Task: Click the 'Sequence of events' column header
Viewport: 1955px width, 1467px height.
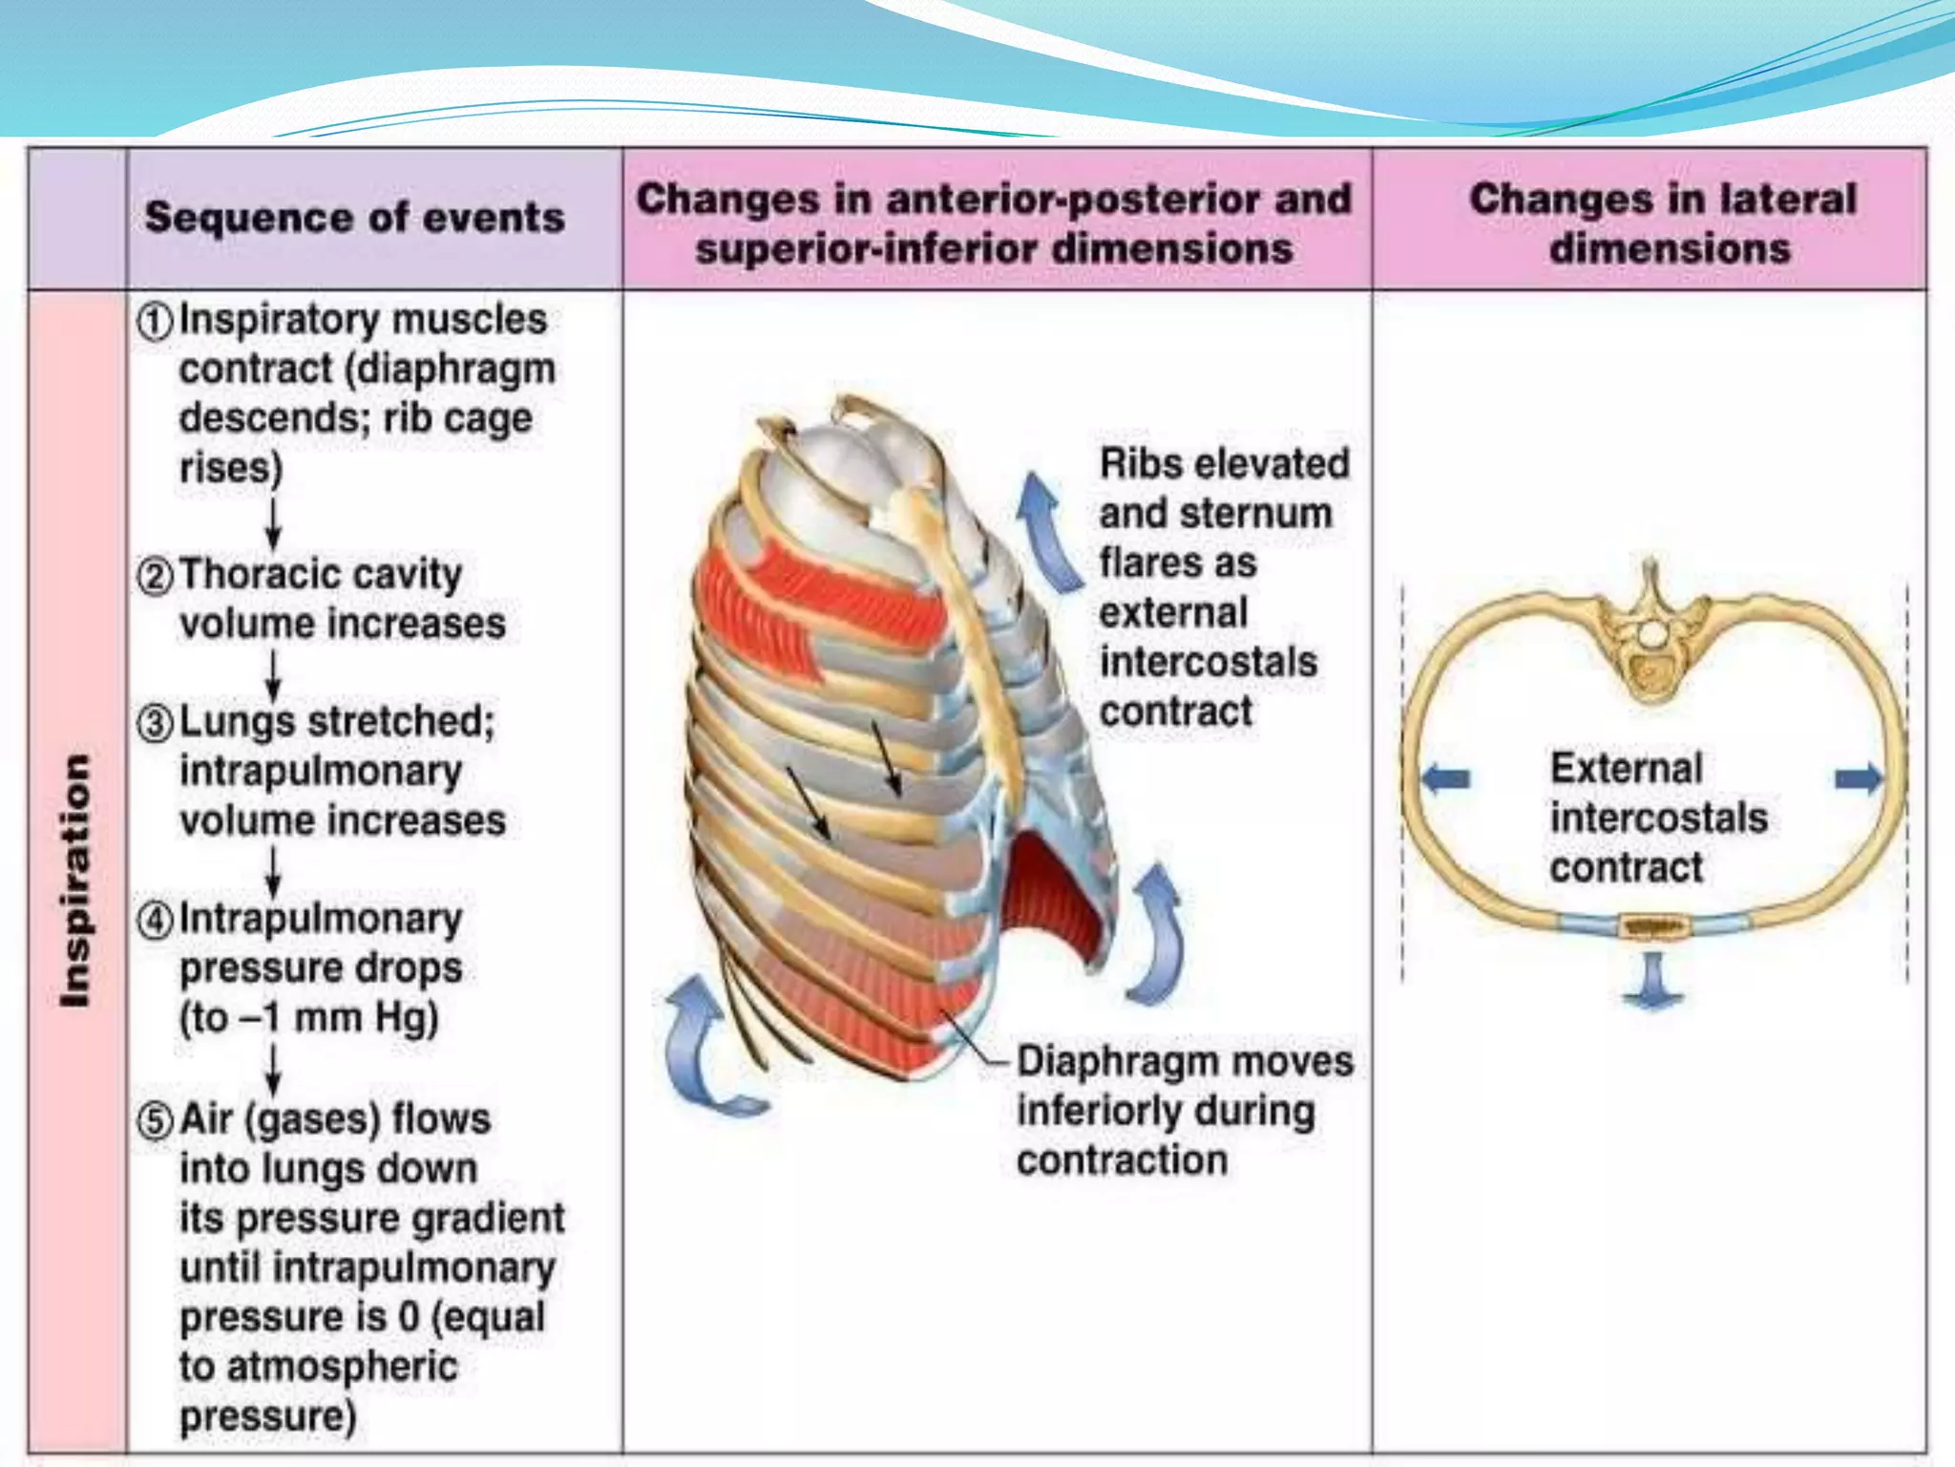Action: click(354, 218)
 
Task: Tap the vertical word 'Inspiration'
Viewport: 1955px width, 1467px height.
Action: click(75, 880)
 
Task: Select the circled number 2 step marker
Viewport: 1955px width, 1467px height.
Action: click(155, 576)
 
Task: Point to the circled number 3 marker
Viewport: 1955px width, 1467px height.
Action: click(155, 723)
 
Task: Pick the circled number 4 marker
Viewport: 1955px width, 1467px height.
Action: click(155, 921)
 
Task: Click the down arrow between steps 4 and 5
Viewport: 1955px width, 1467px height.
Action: click(273, 1070)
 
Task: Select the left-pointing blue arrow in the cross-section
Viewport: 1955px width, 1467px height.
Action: click(1445, 778)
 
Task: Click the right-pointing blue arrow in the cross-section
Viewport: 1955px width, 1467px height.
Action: click(1858, 778)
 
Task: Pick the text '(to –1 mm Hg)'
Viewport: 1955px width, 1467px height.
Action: click(308, 1018)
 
